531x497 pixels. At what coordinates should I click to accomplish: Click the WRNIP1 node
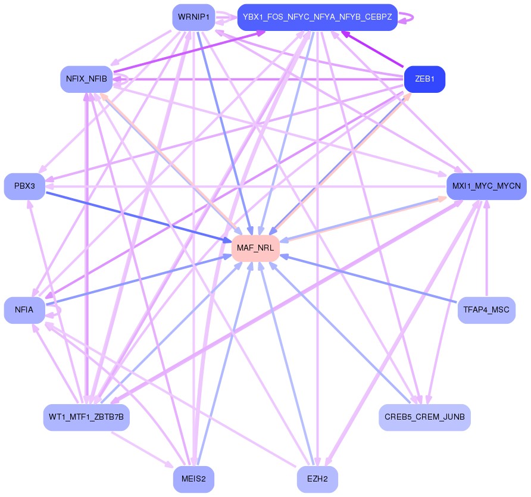tap(193, 17)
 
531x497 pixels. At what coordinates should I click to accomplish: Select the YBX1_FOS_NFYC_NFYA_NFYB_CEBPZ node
tap(317, 17)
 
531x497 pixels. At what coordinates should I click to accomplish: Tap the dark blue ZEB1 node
tap(424, 79)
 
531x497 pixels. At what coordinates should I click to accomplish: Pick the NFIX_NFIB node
tap(86, 79)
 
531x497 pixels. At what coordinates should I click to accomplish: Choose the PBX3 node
tap(24, 186)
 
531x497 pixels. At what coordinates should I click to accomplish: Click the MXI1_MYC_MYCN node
tap(486, 186)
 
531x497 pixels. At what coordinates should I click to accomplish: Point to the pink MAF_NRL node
tap(255, 248)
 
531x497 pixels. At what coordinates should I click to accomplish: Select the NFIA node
tap(24, 310)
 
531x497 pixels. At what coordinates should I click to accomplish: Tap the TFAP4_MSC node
tap(486, 310)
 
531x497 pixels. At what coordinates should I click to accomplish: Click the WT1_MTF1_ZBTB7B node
tap(86, 417)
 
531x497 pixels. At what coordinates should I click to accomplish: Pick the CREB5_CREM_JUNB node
tap(424, 417)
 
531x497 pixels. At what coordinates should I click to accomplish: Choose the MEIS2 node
tap(193, 479)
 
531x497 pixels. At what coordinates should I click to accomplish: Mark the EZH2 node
tap(317, 479)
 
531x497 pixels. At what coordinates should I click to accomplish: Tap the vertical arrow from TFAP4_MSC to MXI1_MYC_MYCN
tap(487, 250)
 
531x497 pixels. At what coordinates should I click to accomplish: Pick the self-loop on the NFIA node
tap(57, 311)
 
